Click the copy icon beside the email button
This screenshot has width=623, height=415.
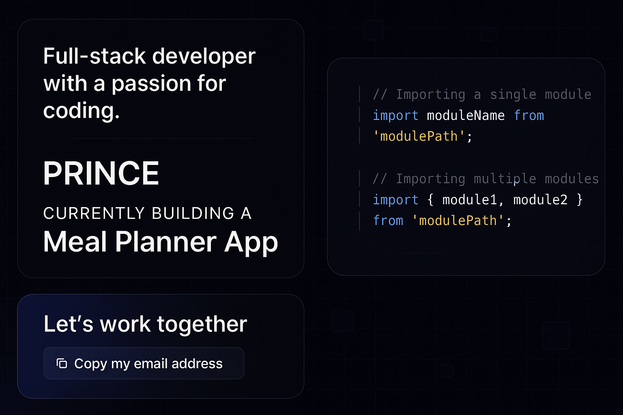point(62,363)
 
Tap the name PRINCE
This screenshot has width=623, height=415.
point(101,173)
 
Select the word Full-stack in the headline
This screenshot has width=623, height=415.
point(95,56)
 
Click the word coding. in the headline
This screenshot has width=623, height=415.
point(81,111)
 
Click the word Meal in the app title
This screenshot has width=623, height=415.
point(75,242)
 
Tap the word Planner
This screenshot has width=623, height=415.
point(166,242)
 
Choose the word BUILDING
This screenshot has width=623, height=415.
point(193,213)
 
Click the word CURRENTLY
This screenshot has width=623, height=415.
point(94,213)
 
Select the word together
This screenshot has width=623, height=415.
point(202,325)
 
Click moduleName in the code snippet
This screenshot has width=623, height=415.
point(466,115)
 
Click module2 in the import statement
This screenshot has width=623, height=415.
point(540,199)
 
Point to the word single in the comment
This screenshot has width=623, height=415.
point(513,95)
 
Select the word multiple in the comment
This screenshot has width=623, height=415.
point(505,179)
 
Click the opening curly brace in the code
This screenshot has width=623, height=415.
point(430,199)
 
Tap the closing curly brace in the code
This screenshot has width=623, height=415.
point(580,199)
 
